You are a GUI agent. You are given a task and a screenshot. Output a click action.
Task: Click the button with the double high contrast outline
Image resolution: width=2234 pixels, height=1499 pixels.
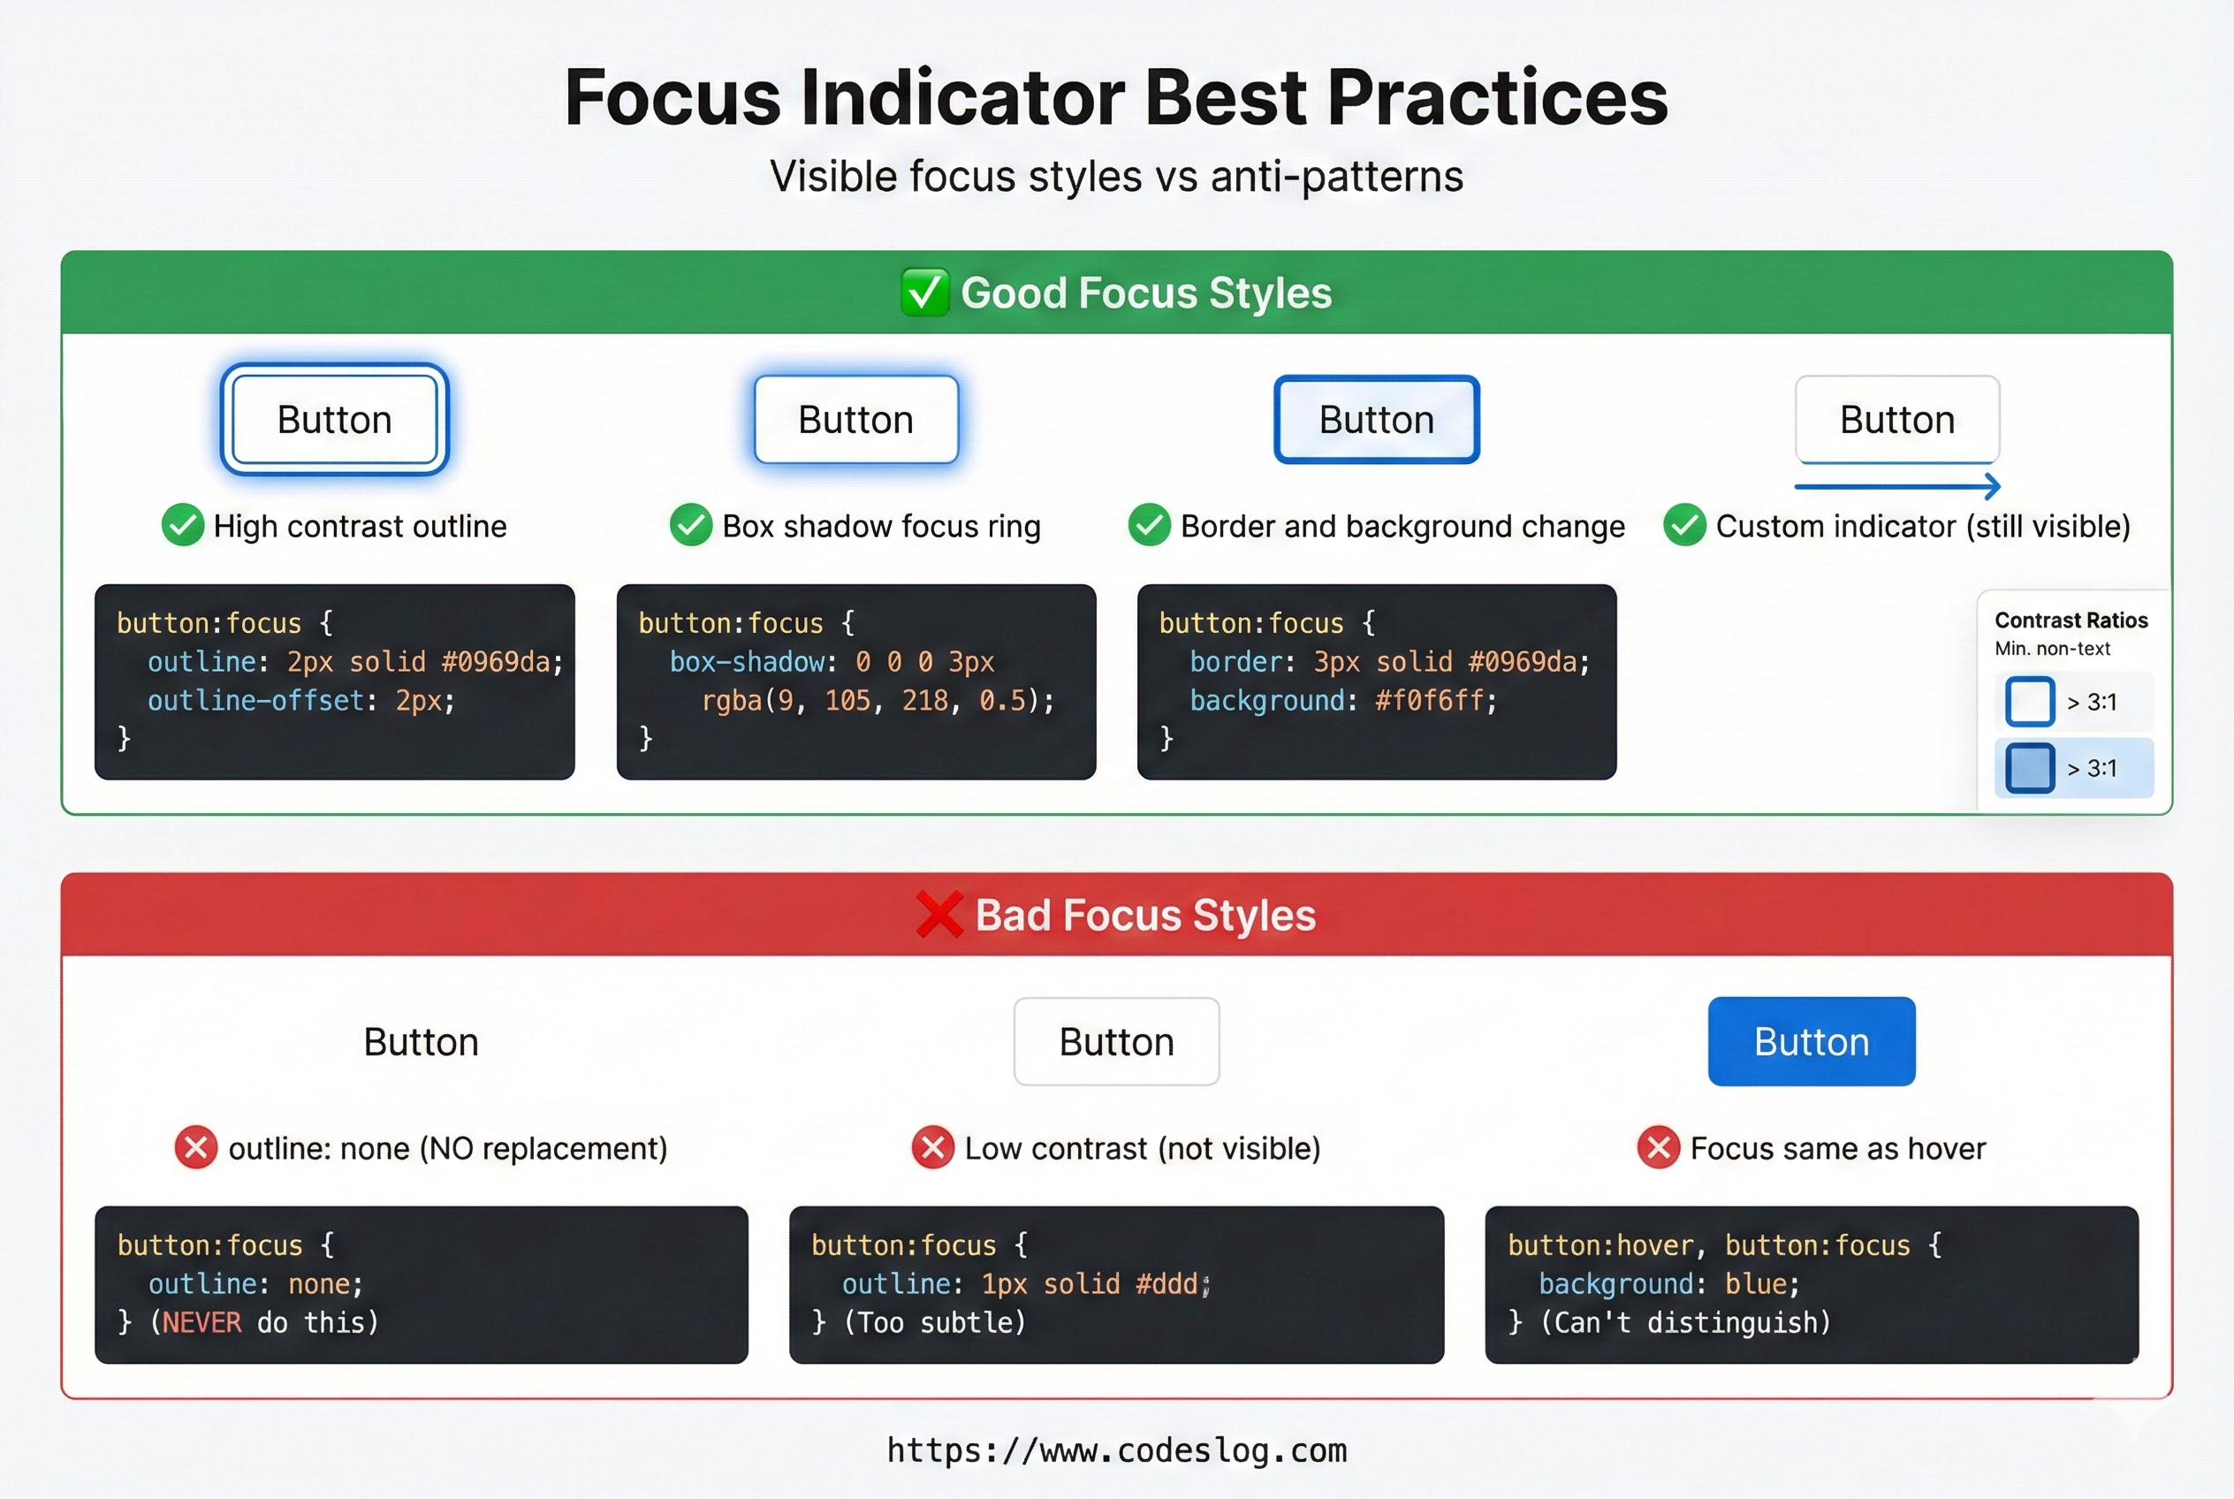pyautogui.click(x=335, y=419)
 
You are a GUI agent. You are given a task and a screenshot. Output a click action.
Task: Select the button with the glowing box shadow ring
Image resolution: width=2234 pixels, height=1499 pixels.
pyautogui.click(x=855, y=419)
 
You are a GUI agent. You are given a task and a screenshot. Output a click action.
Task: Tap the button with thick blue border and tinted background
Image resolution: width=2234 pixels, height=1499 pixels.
pyautogui.click(x=1377, y=419)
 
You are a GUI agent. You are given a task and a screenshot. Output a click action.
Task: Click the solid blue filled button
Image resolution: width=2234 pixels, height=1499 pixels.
pyautogui.click(x=1812, y=1041)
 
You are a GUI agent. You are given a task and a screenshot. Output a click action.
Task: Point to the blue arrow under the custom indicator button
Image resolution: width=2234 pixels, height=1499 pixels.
pyautogui.click(x=1897, y=487)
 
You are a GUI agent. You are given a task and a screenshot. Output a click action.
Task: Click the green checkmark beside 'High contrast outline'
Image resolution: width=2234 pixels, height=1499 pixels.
pyautogui.click(x=183, y=525)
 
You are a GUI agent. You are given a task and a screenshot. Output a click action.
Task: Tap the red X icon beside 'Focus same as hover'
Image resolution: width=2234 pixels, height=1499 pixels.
pyautogui.click(x=1659, y=1147)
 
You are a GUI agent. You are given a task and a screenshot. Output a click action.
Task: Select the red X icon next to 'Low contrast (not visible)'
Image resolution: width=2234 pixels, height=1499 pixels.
pyautogui.click(x=933, y=1147)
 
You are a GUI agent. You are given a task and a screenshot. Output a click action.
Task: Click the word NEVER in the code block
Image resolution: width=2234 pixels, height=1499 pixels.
pyautogui.click(x=201, y=1323)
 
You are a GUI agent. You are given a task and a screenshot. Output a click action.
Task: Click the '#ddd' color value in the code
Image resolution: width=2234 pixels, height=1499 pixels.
pyautogui.click(x=1166, y=1284)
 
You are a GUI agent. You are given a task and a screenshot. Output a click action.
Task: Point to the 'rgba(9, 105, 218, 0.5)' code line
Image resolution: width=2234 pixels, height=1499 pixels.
pyautogui.click(x=878, y=701)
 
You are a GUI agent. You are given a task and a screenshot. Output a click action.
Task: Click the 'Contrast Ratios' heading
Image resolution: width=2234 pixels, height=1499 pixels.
pyautogui.click(x=2071, y=620)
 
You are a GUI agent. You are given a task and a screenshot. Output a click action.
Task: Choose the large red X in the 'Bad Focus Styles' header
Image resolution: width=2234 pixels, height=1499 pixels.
pyautogui.click(x=938, y=914)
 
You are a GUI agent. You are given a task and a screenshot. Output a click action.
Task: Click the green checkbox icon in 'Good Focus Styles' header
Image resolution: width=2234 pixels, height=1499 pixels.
pyautogui.click(x=924, y=293)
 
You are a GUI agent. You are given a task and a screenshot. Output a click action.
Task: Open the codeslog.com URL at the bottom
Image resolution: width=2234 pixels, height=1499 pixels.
pyautogui.click(x=1116, y=1450)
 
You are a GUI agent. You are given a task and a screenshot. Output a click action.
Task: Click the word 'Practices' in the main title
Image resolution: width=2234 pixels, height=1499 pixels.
pyautogui.click(x=1497, y=98)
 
